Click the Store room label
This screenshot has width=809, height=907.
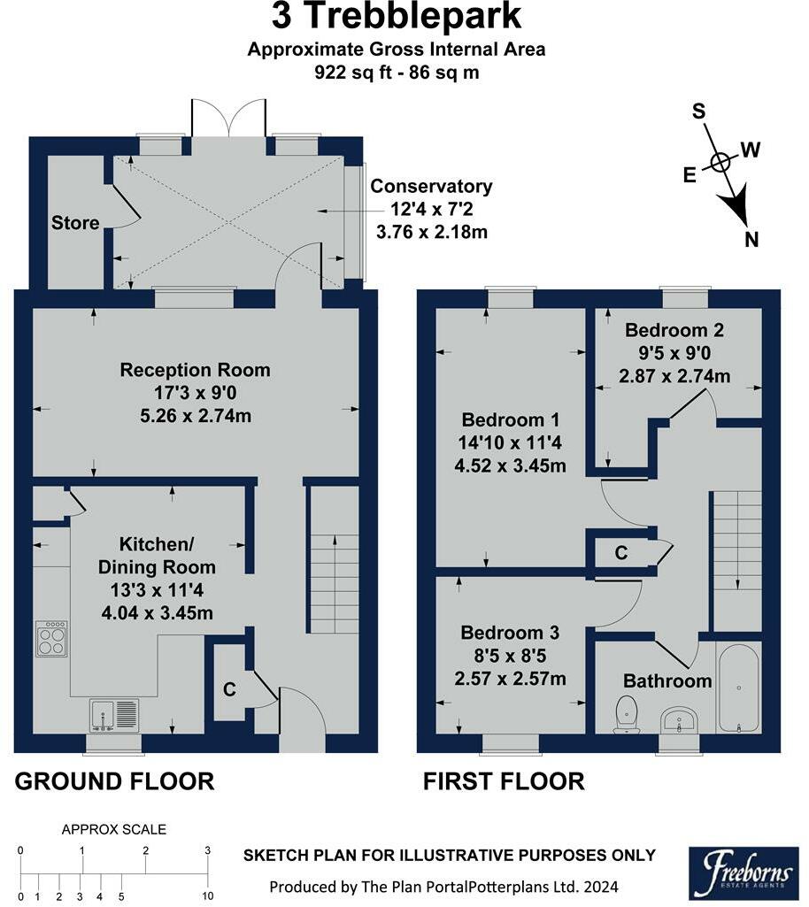[x=75, y=223]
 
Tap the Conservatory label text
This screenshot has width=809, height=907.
[x=431, y=186]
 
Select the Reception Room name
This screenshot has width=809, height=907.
[x=195, y=370]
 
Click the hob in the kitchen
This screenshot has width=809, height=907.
[x=51, y=639]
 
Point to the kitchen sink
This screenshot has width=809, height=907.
[x=114, y=716]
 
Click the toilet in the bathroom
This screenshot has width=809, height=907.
[x=627, y=714]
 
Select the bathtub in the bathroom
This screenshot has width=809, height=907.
[x=738, y=688]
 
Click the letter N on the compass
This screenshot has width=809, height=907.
[x=751, y=240]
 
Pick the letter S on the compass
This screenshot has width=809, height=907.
[x=699, y=111]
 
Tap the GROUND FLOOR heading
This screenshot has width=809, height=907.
[x=114, y=781]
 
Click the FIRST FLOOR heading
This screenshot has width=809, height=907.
[x=504, y=781]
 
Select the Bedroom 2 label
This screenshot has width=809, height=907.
[x=674, y=330]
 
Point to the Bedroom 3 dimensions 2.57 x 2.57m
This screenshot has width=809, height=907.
[x=510, y=679]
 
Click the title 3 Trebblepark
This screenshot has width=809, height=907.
[x=397, y=16]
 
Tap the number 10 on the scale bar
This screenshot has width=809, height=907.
[x=208, y=896]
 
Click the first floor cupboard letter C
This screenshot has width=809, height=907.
[x=621, y=554]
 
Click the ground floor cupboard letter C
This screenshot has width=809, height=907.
[x=229, y=689]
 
